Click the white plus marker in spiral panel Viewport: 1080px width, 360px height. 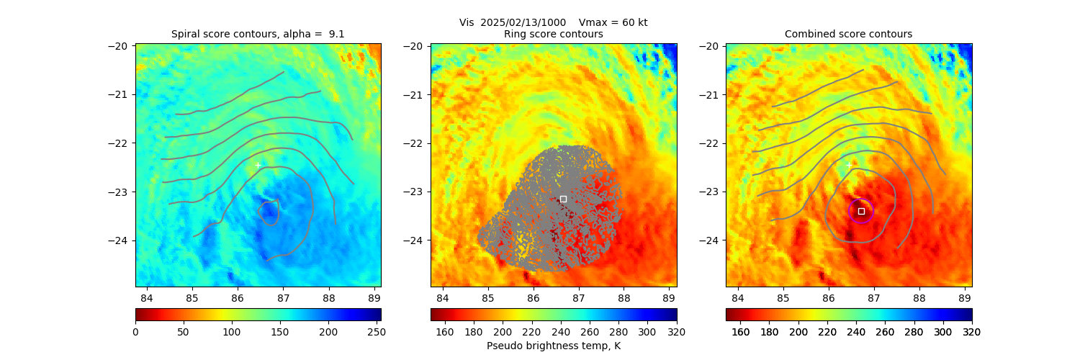click(258, 165)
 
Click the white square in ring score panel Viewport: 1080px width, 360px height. click(563, 199)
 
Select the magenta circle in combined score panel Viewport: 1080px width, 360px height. click(861, 211)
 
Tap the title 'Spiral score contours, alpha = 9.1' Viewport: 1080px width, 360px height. click(258, 34)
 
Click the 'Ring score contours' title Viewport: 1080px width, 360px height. click(554, 34)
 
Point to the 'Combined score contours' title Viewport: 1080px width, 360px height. click(848, 34)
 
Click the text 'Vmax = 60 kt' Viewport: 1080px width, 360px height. click(613, 22)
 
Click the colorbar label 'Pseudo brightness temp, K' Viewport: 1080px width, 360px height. click(554, 346)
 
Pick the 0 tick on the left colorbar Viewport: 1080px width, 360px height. click(135, 332)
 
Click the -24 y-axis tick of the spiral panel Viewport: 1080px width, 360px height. click(118, 240)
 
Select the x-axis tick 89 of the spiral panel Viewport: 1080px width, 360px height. click(374, 297)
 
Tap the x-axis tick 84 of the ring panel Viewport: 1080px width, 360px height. click(442, 297)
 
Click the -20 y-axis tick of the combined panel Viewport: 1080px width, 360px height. click(708, 45)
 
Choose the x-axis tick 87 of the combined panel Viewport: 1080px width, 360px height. click(874, 297)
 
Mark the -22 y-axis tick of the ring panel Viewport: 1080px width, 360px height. click(413, 143)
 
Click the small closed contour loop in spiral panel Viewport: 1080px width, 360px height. click(269, 213)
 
